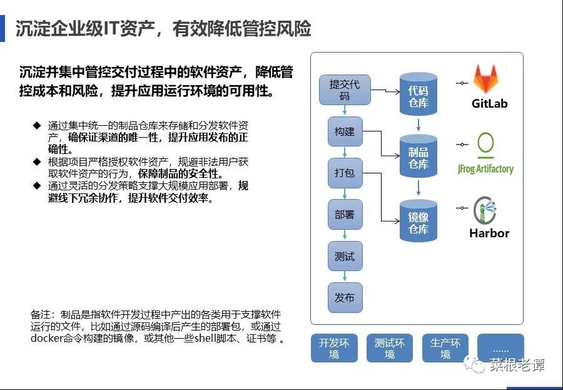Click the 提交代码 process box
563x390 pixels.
(345, 90)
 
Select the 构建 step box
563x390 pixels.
(345, 131)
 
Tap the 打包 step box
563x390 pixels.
(345, 173)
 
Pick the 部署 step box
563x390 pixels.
(345, 214)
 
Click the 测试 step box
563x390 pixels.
(345, 256)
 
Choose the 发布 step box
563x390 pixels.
(345, 297)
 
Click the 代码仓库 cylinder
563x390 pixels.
(418, 95)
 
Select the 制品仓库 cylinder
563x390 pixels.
(418, 157)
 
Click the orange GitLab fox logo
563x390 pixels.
(485, 79)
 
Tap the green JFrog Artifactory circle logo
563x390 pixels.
(485, 145)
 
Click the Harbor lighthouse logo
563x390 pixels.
(485, 210)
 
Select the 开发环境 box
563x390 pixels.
(334, 348)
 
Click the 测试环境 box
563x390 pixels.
(390, 348)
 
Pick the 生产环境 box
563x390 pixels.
(445, 348)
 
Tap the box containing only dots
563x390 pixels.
(500, 348)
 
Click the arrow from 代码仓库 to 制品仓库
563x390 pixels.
(418, 125)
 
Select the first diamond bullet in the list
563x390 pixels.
(37, 125)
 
